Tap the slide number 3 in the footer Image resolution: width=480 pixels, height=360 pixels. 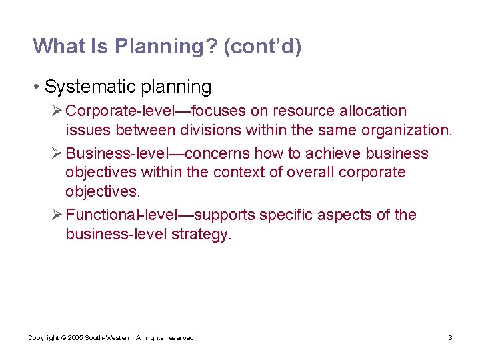(450, 338)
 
